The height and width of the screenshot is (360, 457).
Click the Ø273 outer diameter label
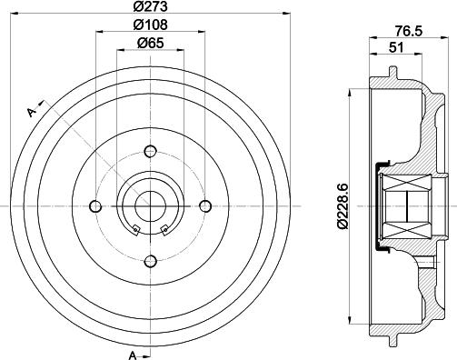(x=151, y=8)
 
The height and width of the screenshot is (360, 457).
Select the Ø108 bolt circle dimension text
(x=151, y=26)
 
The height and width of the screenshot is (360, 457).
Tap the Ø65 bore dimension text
(x=151, y=43)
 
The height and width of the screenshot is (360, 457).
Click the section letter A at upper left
(x=32, y=112)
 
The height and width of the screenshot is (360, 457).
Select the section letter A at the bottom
(x=133, y=353)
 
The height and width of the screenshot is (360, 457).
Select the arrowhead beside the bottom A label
(x=146, y=353)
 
